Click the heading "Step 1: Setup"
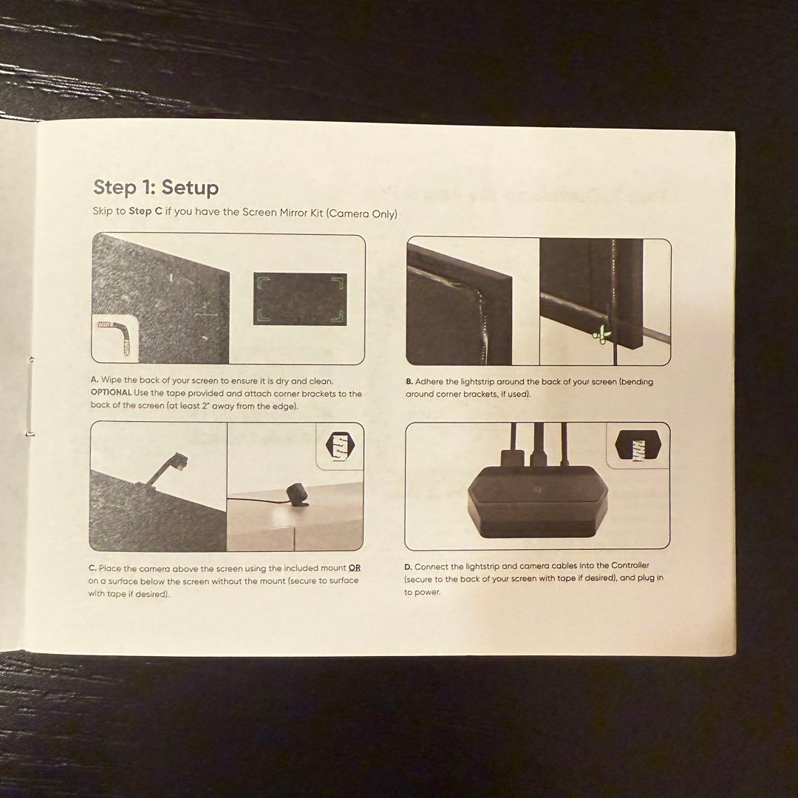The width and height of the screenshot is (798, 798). (x=156, y=187)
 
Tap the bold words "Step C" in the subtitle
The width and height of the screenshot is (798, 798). (x=146, y=211)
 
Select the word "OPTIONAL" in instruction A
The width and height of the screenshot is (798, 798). (x=111, y=392)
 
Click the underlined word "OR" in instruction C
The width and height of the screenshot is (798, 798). (x=354, y=567)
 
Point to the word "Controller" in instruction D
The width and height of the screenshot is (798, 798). (x=630, y=565)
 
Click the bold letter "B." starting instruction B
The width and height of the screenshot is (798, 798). (x=409, y=382)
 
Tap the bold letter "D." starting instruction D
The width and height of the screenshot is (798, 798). (x=408, y=567)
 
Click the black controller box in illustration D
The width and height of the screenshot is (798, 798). (x=537, y=502)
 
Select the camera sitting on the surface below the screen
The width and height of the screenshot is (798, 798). (x=298, y=494)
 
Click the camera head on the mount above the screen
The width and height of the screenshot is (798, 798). (x=180, y=460)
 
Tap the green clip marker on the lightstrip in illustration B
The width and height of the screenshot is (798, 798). (x=603, y=335)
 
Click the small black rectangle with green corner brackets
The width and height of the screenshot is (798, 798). (x=300, y=299)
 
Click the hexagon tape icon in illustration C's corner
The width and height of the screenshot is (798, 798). (x=340, y=446)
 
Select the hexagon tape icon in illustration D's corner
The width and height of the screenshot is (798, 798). (x=638, y=445)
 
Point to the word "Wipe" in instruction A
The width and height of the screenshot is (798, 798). (x=112, y=380)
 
